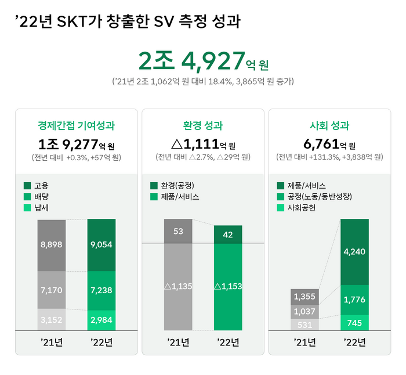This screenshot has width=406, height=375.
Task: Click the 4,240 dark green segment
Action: point(355,251)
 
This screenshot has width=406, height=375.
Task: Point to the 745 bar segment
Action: point(355,323)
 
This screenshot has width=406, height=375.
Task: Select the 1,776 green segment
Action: point(355,300)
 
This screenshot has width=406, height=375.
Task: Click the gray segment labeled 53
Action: point(178,231)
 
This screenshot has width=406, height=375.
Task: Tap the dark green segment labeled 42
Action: point(228,234)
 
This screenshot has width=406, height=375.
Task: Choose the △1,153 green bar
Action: point(228,286)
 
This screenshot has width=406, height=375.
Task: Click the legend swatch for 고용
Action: point(27,186)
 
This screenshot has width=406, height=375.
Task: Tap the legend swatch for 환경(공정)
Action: point(154,186)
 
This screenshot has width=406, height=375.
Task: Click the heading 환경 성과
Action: point(202,125)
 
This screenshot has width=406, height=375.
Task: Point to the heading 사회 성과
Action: point(329,125)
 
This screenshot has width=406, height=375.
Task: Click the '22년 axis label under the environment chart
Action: point(228,342)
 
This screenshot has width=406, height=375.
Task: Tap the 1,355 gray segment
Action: point(304,297)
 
